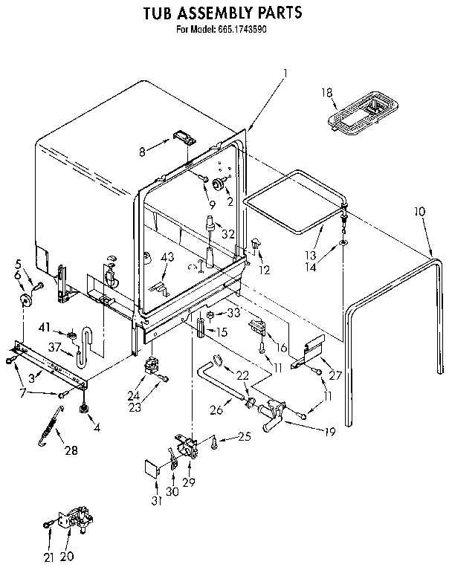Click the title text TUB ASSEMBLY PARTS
point(222,13)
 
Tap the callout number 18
point(326,92)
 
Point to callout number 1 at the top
point(285,72)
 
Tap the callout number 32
point(228,234)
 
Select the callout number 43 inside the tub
point(168,257)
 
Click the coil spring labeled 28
point(51,432)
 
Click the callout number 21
point(49,556)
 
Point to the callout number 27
point(335,375)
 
